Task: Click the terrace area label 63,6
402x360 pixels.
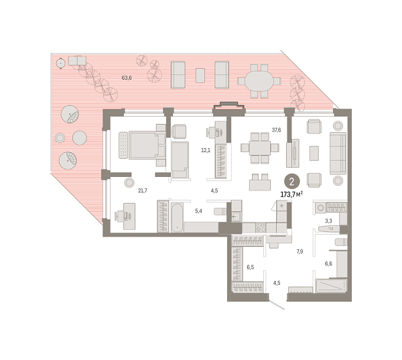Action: click(126, 78)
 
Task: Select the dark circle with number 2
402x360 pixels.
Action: click(291, 181)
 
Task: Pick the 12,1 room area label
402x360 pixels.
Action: click(206, 150)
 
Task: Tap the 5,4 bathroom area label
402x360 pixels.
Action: click(198, 212)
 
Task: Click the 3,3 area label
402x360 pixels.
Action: click(328, 220)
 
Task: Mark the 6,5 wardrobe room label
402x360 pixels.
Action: click(249, 268)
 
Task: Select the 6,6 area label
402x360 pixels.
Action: click(328, 264)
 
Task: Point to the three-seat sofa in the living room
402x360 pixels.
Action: click(338, 151)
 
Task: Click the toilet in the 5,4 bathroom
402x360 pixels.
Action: click(219, 212)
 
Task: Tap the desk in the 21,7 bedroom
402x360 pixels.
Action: click(128, 216)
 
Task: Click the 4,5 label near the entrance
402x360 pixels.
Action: click(277, 282)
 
